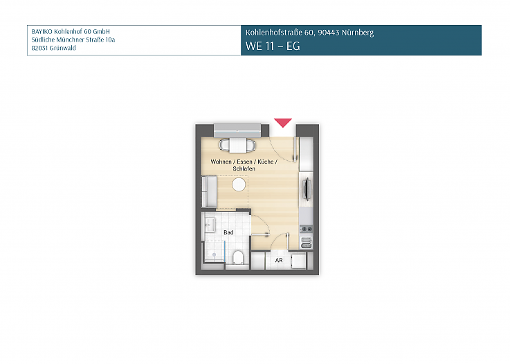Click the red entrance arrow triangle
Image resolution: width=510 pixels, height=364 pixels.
[x=282, y=123]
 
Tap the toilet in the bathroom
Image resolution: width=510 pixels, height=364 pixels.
[x=239, y=259]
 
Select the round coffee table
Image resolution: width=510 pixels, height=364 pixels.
[x=239, y=185]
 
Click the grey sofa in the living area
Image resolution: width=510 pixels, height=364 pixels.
[x=209, y=191]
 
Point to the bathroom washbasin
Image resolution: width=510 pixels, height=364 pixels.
[x=210, y=225]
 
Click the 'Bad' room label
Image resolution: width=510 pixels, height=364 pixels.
[x=228, y=232]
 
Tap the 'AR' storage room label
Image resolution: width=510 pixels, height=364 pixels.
[x=279, y=260]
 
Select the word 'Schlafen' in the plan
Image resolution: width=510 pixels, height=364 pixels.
[x=245, y=168]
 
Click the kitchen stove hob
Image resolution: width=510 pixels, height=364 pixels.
[x=306, y=229]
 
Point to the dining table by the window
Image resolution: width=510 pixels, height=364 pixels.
[x=237, y=146]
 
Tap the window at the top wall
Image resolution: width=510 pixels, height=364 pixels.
[x=237, y=129]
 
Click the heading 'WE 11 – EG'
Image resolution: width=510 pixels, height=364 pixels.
[x=273, y=46]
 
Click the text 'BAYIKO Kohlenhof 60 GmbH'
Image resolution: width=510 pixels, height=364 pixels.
[x=71, y=32]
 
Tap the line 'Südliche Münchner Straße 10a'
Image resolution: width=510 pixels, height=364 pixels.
[x=73, y=40]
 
